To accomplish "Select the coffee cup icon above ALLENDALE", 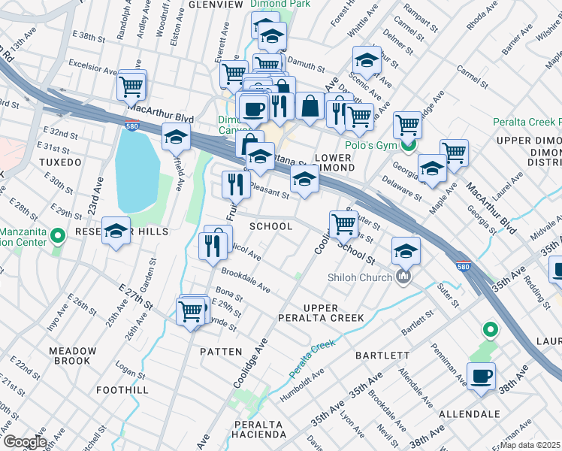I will coord(481,376).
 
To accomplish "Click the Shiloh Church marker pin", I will coord(403,277).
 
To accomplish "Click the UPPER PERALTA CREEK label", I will coord(334,313).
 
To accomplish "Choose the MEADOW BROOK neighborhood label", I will coord(72,356).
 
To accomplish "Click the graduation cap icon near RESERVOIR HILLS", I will coord(116,233).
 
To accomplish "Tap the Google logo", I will coord(24,442).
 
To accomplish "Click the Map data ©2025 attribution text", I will coord(530,445).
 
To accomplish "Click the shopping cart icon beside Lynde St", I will coord(191,310).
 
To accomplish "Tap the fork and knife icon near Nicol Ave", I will coord(213,246).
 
